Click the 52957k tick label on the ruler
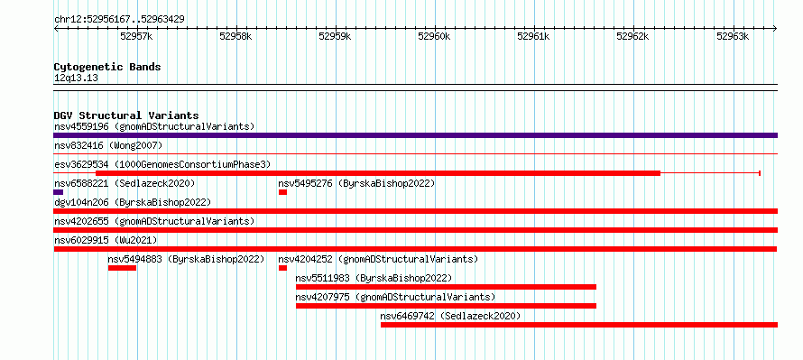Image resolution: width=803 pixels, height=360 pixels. point(136,36)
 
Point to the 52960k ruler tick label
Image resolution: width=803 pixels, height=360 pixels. point(434,36)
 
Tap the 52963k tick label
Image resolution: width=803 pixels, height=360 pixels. point(733,36)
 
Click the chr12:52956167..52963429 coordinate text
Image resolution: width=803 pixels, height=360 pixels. point(119,20)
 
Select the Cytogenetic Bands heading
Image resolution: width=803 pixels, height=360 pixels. point(107,67)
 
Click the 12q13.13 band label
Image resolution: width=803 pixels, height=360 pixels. point(76,78)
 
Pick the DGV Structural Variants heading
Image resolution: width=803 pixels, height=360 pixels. point(126,115)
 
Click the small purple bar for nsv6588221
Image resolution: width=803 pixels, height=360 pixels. point(59,192)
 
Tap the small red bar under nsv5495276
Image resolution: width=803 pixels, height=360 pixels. point(282,192)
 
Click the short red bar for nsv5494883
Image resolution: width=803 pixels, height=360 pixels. point(122,268)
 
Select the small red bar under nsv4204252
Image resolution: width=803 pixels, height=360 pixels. point(282,268)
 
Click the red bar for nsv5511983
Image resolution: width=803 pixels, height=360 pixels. point(446,287)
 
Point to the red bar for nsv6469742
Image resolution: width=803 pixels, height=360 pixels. point(579,325)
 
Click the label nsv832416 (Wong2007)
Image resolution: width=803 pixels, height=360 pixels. point(108,146)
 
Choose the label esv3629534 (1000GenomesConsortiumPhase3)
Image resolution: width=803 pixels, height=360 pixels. point(162,165)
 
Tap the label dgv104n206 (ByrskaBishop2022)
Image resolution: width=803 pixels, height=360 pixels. point(132,203)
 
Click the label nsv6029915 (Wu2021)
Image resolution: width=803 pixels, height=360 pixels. point(106,240)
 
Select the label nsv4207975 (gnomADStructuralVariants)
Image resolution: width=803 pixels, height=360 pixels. point(395,297)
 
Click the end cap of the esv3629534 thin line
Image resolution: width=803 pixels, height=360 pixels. point(760,173)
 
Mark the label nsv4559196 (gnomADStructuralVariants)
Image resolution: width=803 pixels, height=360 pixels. point(154,126)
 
